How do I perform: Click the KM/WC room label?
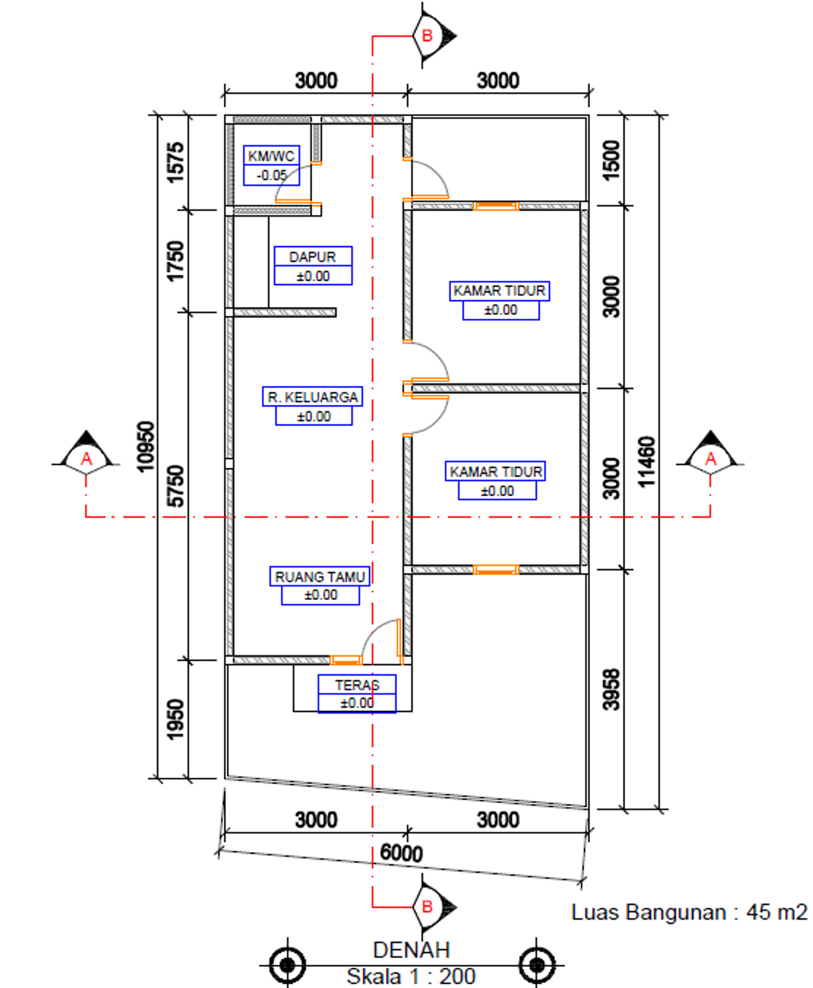point(272,156)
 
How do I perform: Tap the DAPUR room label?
point(313,256)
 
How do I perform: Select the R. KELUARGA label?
point(313,398)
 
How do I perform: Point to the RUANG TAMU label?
point(320,577)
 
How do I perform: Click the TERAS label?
point(357,685)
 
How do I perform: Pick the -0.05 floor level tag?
point(272,175)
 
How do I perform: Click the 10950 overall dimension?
point(145,446)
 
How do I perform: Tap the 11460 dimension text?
point(647,462)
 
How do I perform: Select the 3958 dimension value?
point(611,690)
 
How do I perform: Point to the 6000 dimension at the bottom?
point(401,853)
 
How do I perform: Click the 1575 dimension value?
point(175,163)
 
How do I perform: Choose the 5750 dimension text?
point(175,486)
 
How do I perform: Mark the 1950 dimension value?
point(175,720)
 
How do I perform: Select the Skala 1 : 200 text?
point(411,977)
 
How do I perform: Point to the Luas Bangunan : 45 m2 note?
point(689,912)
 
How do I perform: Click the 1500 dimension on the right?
point(611,160)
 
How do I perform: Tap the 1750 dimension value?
point(175,261)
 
